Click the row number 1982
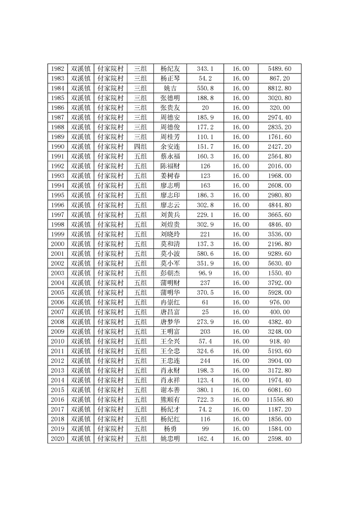(x=58, y=69)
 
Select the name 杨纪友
(x=170, y=69)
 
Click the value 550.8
(x=205, y=88)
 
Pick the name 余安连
(x=170, y=147)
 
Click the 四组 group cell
(x=140, y=147)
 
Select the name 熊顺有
(x=170, y=400)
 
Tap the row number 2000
(x=58, y=244)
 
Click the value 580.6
(x=205, y=254)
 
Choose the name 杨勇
(x=170, y=429)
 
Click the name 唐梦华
(x=170, y=322)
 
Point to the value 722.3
(x=205, y=400)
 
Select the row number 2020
(x=58, y=439)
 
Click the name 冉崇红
(x=170, y=302)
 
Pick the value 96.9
(x=205, y=273)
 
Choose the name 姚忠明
(x=170, y=439)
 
